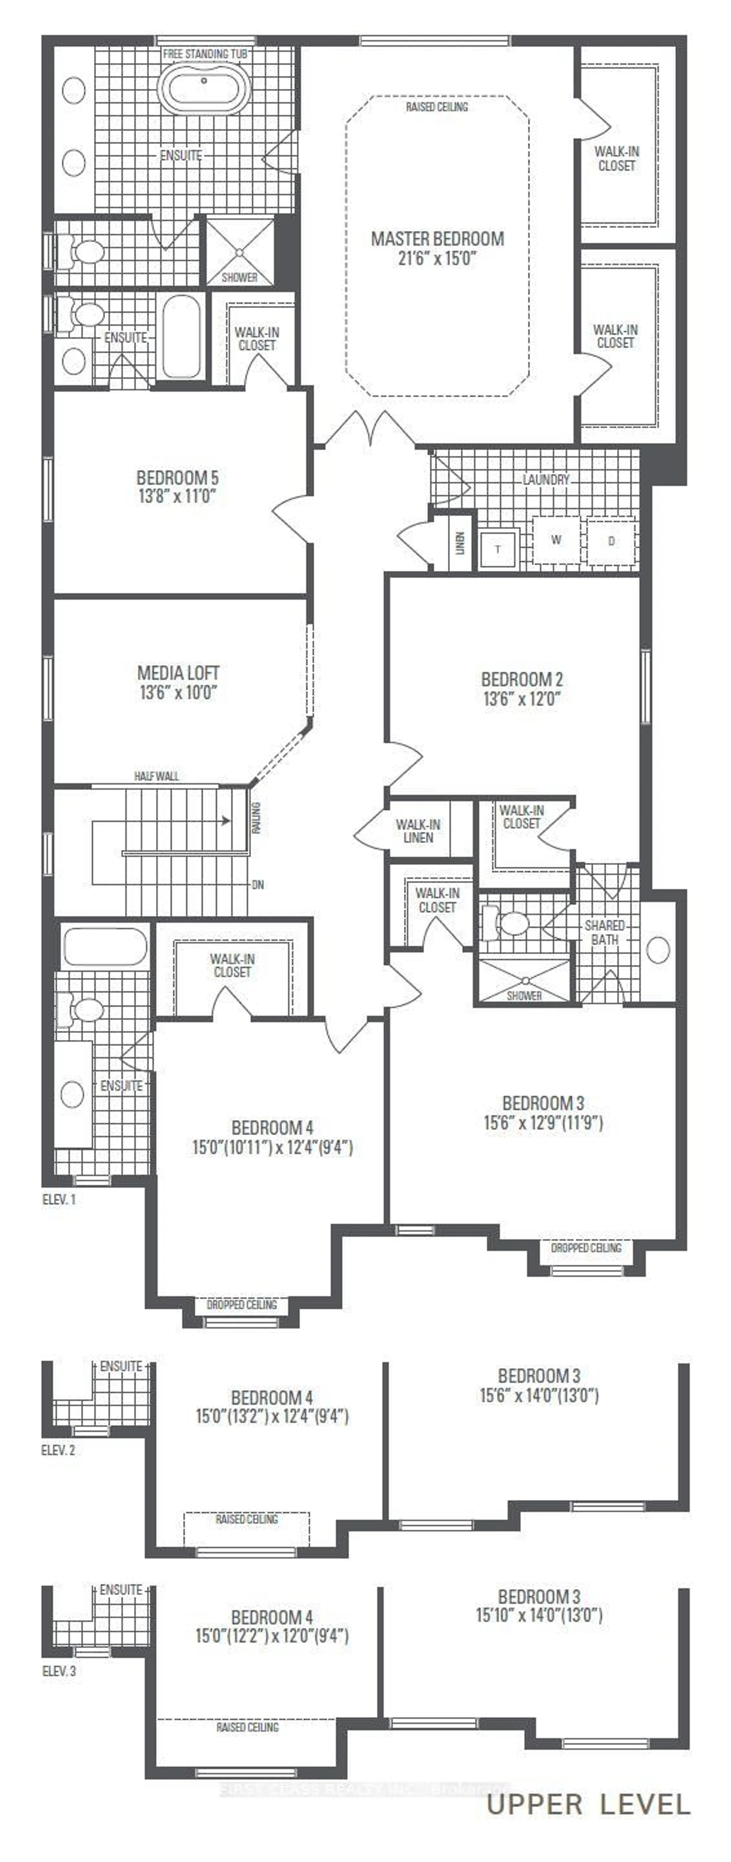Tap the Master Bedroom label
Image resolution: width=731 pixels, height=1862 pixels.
point(437,238)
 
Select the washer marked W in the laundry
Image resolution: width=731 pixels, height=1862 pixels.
point(556,540)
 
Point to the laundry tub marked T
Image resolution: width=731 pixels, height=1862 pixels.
point(498,549)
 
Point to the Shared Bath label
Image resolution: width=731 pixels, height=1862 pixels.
point(605,933)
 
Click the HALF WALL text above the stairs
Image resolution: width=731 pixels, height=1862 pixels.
point(157,776)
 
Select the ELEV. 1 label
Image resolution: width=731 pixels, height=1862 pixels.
point(58,1200)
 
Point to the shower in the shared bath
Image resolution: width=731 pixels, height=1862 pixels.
point(524,981)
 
